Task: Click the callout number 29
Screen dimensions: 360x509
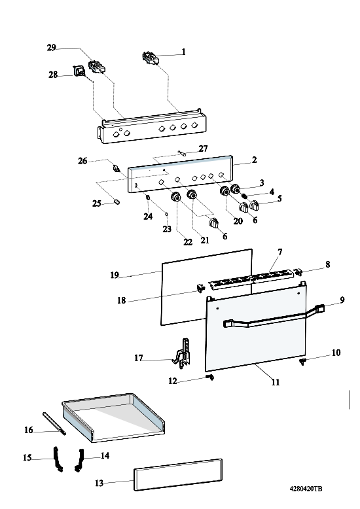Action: coord(51,48)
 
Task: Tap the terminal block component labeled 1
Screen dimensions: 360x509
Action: coord(150,58)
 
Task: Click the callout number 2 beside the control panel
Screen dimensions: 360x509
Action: coord(255,160)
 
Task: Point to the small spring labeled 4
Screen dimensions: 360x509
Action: coord(245,196)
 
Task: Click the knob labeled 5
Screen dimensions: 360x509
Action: coord(255,205)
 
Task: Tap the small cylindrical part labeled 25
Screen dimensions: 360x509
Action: coord(117,202)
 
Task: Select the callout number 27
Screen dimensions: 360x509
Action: coord(203,149)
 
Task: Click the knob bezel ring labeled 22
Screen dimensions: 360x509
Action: coord(176,198)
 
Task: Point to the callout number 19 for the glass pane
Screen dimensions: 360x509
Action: coord(115,275)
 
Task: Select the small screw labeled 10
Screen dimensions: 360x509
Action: coord(303,361)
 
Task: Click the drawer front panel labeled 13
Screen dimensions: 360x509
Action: coord(178,474)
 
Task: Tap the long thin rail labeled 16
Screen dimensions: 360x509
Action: coord(54,423)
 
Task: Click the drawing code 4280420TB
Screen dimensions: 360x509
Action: coord(306,489)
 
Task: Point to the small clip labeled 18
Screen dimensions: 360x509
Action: coord(200,287)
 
